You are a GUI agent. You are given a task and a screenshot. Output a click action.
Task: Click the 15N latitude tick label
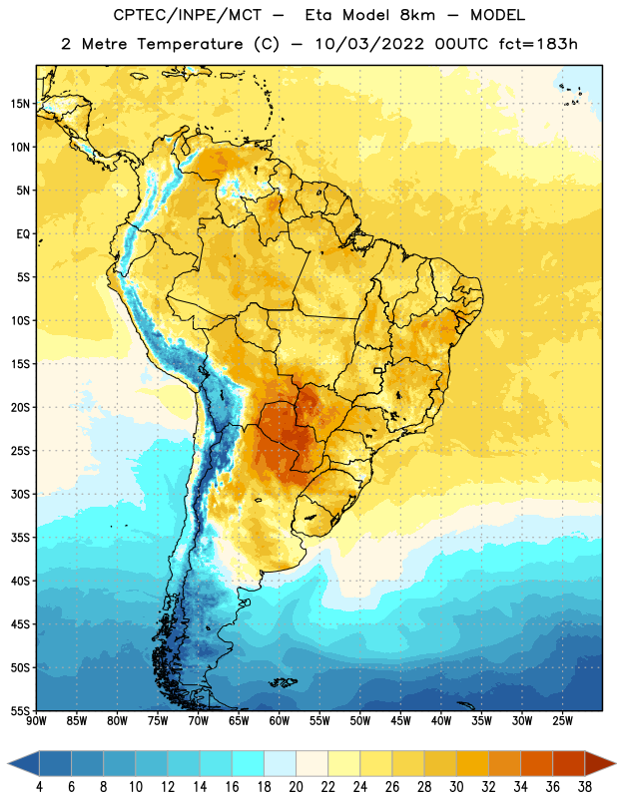[20, 104]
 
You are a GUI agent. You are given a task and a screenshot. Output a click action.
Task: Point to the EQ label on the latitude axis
[23, 234]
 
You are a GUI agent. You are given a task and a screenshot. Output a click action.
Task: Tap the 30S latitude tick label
[20, 494]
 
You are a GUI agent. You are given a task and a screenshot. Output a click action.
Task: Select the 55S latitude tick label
[20, 711]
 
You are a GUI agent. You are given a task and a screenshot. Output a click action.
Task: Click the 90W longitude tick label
[36, 721]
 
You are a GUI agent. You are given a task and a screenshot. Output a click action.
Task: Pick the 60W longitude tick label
[280, 721]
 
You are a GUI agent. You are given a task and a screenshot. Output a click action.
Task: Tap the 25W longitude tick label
[562, 721]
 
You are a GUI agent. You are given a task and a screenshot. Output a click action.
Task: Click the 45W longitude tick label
[400, 721]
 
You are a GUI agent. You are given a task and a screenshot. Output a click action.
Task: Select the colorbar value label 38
[584, 787]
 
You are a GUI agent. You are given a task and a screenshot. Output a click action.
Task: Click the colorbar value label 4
[39, 787]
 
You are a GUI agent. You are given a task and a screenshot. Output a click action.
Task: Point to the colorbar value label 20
[296, 787]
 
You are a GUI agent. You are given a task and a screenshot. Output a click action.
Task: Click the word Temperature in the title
[190, 44]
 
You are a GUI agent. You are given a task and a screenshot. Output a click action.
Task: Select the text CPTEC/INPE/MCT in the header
[188, 15]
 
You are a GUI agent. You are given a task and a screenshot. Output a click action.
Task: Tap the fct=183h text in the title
[538, 44]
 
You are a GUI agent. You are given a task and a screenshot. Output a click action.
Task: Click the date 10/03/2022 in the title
[369, 44]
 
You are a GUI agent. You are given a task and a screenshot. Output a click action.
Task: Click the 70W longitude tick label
[199, 721]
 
